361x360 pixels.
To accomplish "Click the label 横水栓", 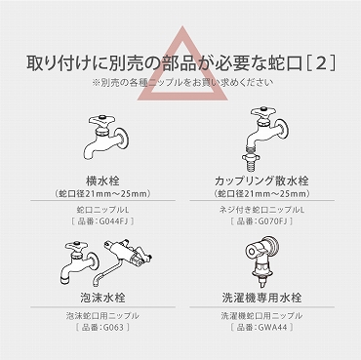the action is (102, 180).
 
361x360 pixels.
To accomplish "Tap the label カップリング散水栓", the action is (261, 180).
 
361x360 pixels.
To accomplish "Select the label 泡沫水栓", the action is (102, 298).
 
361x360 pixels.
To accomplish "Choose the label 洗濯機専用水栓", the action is (261, 298).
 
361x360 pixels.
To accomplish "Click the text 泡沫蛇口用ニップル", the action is (102, 315).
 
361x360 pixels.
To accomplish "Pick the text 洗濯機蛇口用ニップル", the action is (261, 315).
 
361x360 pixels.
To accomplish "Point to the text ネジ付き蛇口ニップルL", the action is (261, 210).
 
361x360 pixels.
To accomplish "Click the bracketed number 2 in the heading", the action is (321, 63).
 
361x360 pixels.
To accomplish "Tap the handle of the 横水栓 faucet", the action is (100, 121).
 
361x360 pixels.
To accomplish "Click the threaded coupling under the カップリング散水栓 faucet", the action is (253, 156).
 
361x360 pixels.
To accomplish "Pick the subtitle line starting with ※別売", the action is (182, 82).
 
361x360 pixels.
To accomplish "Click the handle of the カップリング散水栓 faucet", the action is (263, 112).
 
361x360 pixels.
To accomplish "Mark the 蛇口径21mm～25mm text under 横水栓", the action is (102, 194).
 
